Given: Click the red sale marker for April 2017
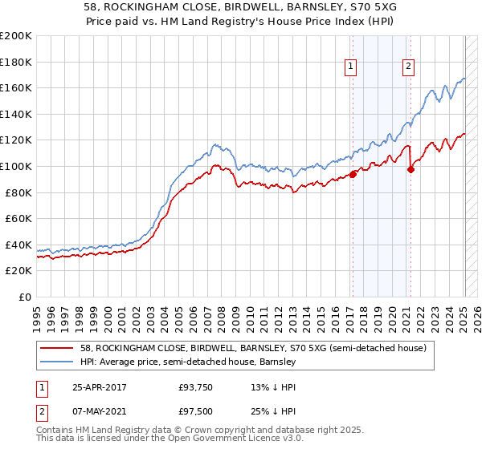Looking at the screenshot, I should [353, 174].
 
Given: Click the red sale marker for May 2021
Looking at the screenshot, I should [411, 169].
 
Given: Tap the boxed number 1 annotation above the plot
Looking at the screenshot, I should [352, 67].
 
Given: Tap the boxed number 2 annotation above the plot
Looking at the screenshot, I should [409, 67].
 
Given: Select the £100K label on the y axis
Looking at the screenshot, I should [16, 166].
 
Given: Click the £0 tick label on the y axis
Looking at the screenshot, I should [25, 297].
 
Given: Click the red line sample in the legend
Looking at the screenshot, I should [56, 348].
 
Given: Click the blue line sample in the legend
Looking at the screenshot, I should [56, 362].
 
